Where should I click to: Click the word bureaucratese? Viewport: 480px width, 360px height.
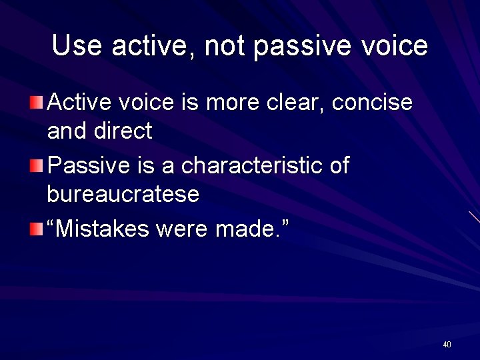pyautogui.click(x=123, y=195)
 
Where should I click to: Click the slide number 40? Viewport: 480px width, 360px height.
pyautogui.click(x=447, y=345)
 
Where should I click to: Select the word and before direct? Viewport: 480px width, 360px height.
pyautogui.click(x=66, y=131)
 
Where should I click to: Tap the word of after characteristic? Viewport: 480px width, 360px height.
pyautogui.click(x=339, y=165)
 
